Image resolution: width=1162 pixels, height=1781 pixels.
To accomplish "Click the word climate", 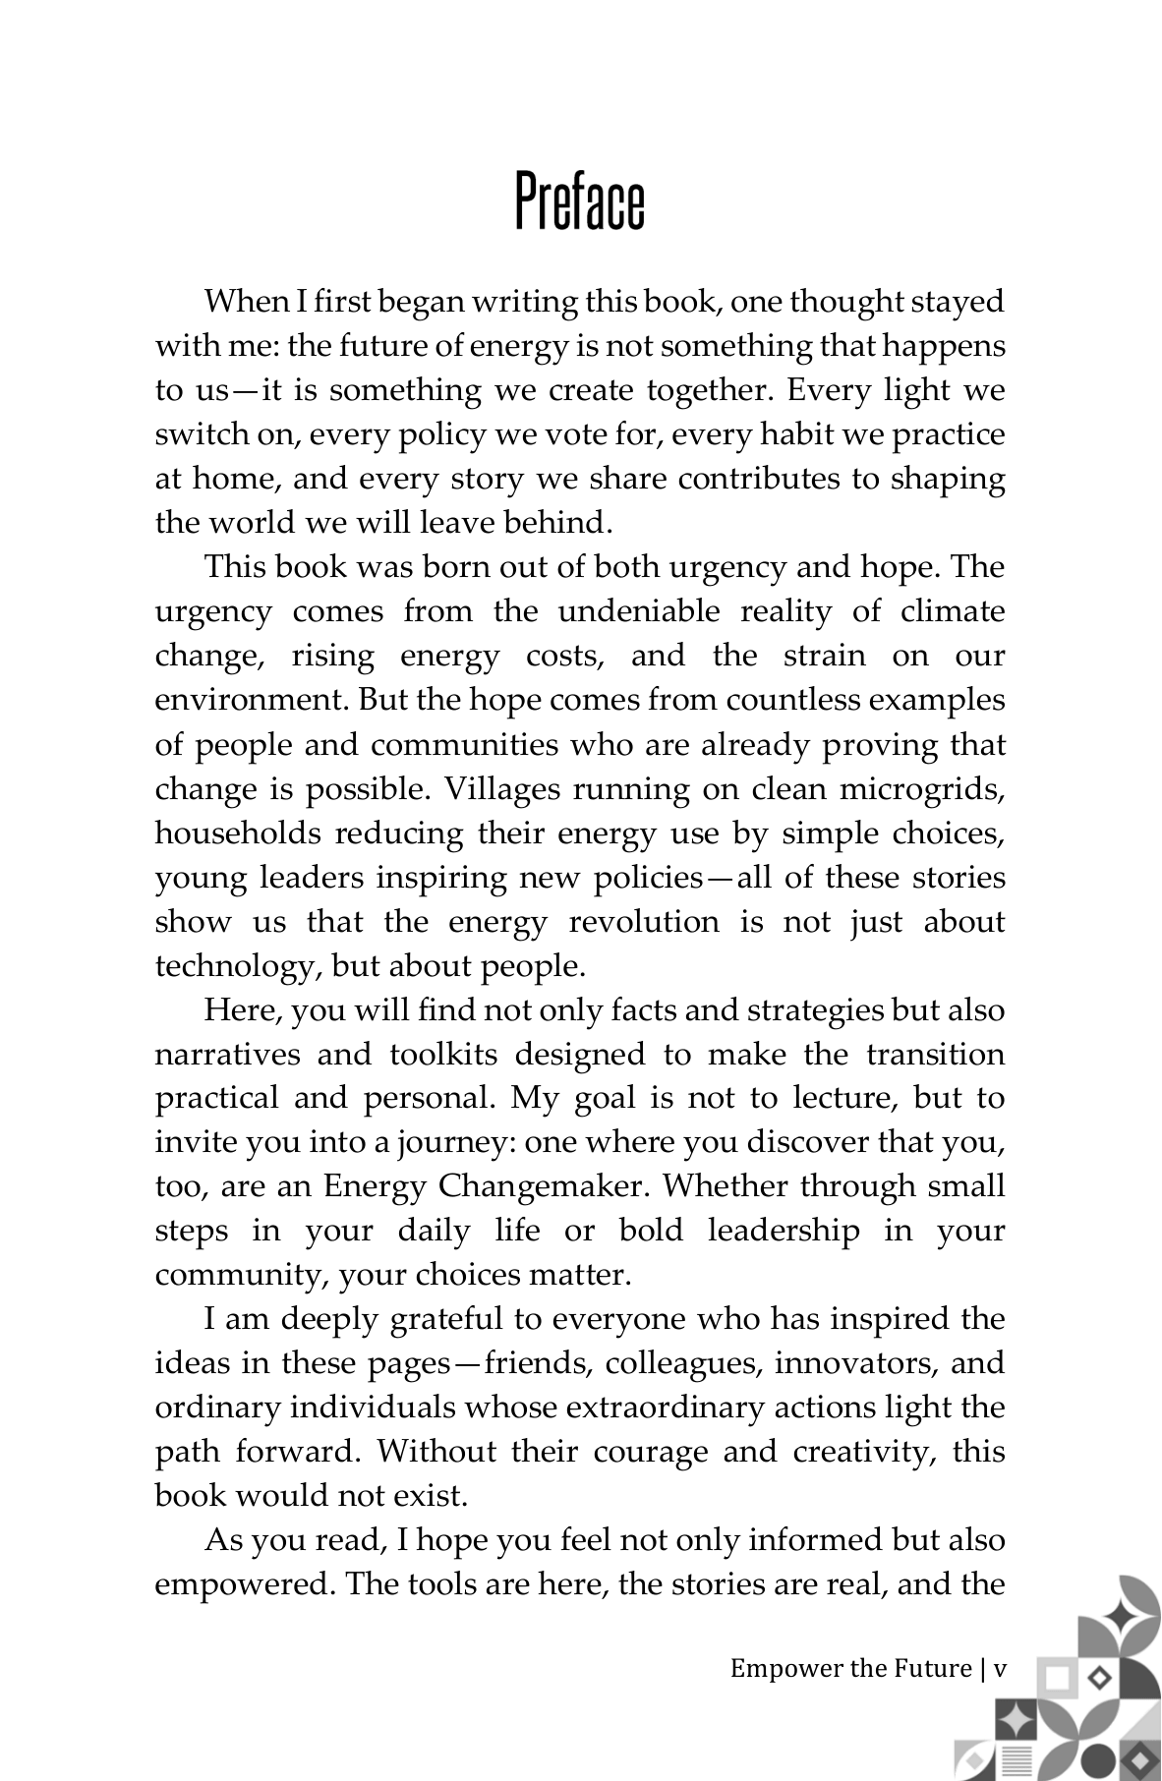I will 953,611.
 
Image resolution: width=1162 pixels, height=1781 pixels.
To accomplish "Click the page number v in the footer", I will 1000,1669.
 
